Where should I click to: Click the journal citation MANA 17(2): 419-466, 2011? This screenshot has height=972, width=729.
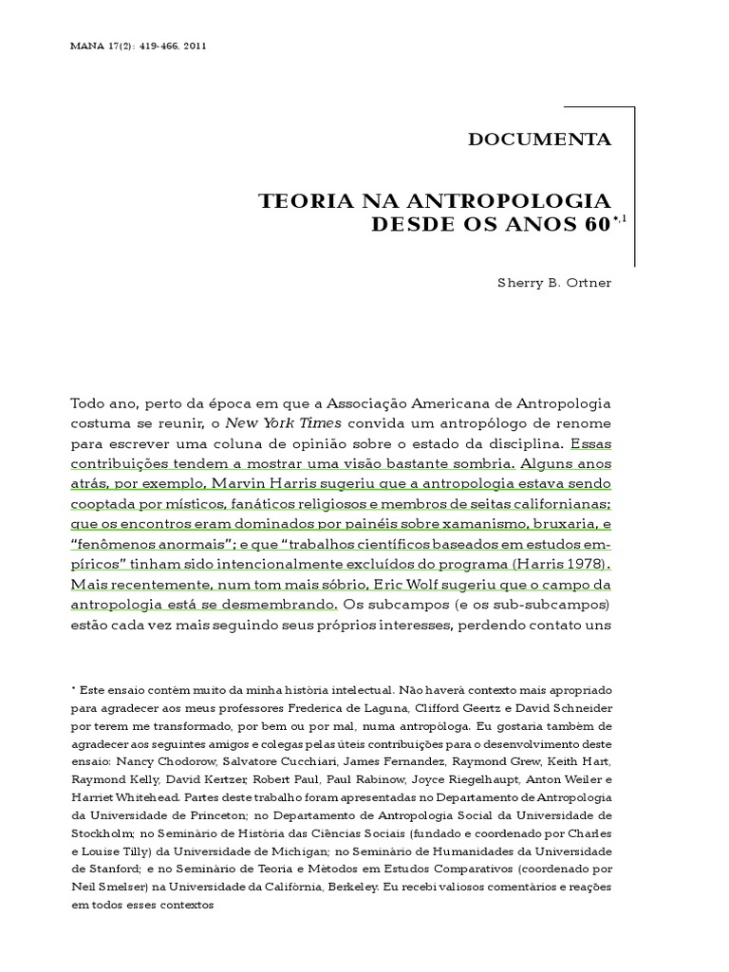coord(140,46)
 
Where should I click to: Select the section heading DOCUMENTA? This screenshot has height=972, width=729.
coord(540,140)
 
